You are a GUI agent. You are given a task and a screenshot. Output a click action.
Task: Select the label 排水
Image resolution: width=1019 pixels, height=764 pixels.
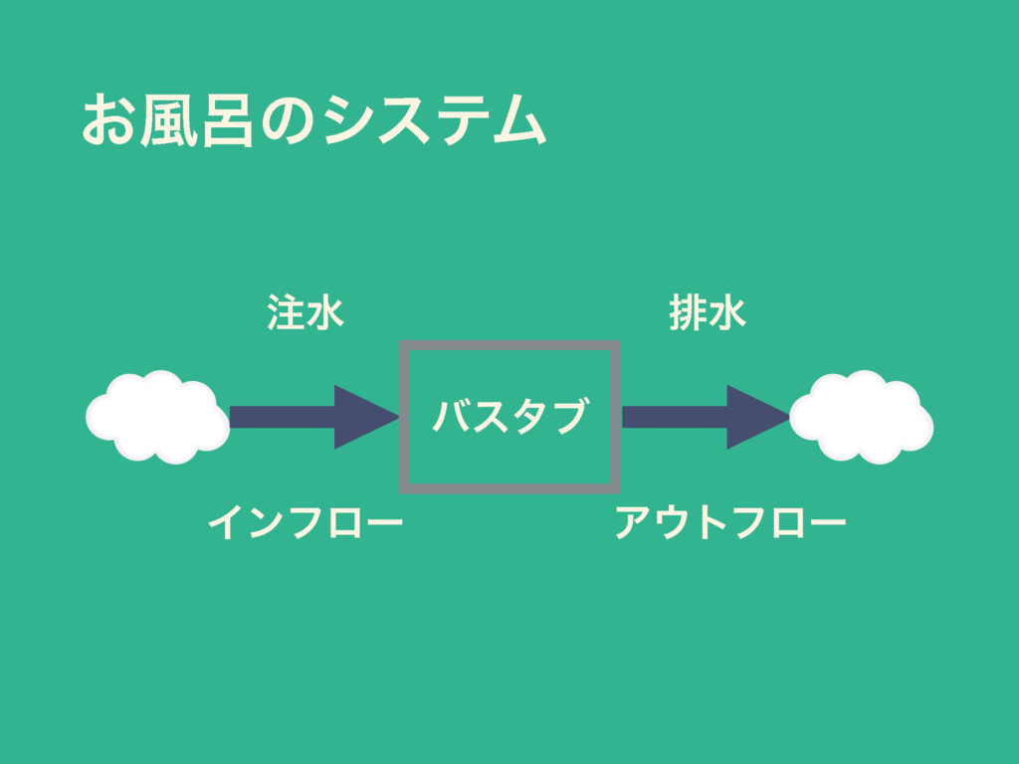tap(709, 312)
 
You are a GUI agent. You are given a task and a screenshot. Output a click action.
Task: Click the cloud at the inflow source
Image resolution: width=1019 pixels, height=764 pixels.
tap(157, 417)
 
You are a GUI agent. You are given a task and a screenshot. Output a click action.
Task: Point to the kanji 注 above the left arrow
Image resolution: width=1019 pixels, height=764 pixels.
tap(285, 312)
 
